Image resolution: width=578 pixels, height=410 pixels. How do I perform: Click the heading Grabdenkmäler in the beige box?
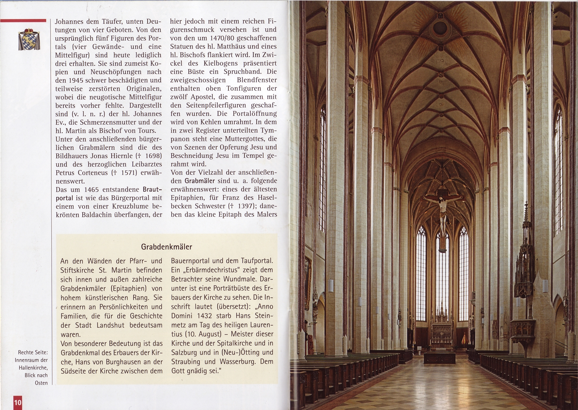167,247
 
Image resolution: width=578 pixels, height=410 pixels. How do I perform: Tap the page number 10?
18,402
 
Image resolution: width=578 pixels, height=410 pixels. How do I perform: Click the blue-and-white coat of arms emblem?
29,39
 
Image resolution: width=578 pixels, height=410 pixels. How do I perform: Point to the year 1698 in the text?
151,156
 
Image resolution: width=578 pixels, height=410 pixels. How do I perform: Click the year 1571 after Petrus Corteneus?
128,173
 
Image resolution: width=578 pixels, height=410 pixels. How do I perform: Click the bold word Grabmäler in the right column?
200,181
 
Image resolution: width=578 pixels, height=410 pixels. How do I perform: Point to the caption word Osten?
41,383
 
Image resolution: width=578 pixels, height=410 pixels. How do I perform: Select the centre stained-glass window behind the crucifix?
442,275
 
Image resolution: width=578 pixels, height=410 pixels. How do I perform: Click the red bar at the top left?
23,21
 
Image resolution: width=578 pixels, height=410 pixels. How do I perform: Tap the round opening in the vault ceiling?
440,28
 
